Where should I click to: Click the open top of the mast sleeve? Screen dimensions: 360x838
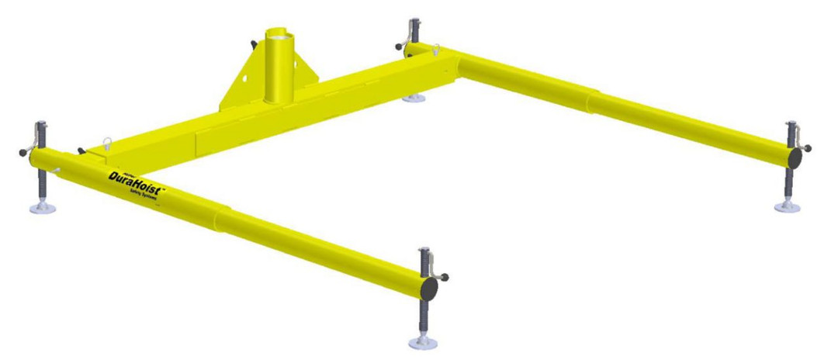pyautogui.click(x=277, y=33)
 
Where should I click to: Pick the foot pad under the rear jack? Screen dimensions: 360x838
pyautogui.click(x=412, y=99)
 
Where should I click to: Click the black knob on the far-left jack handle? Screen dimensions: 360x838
pyautogui.click(x=21, y=152)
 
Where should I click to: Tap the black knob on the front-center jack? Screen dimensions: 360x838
pyautogui.click(x=445, y=277)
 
